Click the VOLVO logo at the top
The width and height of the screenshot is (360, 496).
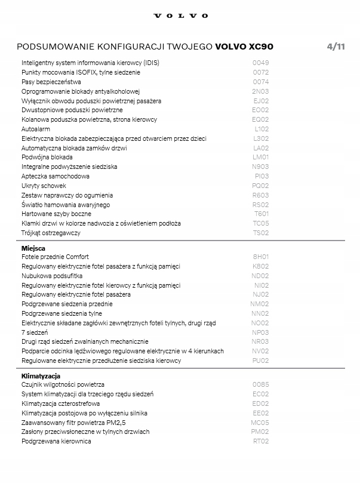point(180,16)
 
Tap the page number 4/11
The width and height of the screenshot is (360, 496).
point(336,47)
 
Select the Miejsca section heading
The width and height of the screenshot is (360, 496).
point(33,248)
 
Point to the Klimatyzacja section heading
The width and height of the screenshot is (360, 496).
point(41,376)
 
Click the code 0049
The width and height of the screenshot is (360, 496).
point(260,63)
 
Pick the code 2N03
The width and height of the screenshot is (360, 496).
point(260,91)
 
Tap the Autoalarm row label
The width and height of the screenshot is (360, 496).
point(36,129)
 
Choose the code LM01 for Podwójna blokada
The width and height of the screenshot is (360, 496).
point(261,158)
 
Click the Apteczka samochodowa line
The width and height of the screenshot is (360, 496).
point(56,177)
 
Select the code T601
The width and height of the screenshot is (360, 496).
point(261,214)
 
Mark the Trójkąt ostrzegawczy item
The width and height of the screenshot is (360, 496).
point(51,233)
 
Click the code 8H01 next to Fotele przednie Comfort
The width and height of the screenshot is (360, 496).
point(261,257)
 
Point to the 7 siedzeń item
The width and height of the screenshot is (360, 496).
point(35,332)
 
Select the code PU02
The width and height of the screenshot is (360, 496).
point(260,361)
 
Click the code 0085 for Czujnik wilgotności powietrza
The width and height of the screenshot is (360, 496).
point(260,385)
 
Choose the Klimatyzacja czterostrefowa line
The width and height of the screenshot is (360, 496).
point(61,403)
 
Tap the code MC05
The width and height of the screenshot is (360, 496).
point(260,423)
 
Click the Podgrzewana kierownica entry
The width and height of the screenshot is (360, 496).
point(56,441)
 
